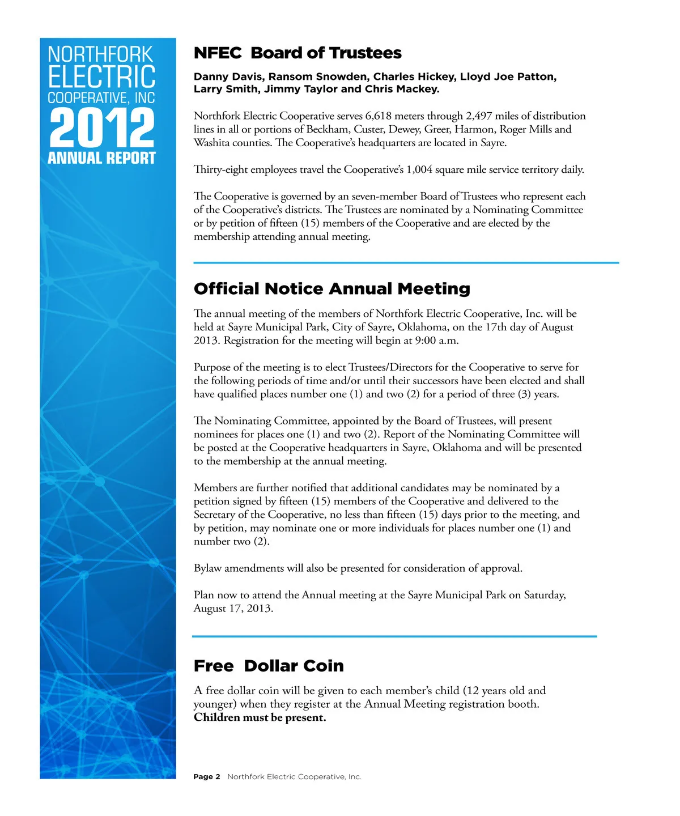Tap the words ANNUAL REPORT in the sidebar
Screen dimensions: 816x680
(101, 158)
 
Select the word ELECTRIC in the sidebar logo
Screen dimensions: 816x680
(101, 77)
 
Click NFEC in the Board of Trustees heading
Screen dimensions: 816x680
(218, 53)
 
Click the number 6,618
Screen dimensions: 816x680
(379, 116)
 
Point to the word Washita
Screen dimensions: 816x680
(210, 143)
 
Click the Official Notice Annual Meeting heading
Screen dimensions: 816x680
(332, 289)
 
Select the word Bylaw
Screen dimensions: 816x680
(207, 568)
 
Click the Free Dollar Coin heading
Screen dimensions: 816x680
(269, 666)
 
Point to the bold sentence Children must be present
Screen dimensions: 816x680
(260, 717)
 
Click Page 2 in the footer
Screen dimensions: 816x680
(207, 777)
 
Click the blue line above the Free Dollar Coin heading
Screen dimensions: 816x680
(394, 636)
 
